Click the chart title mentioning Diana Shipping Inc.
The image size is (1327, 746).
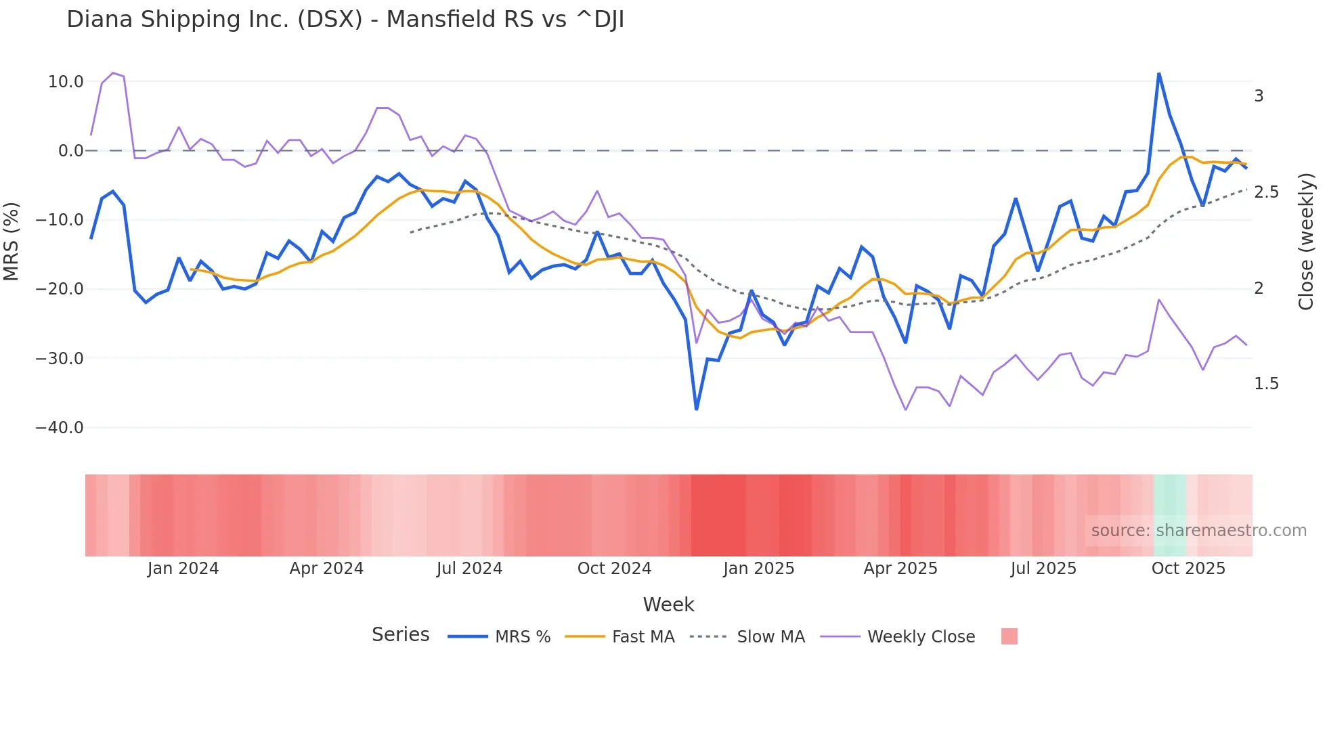point(345,20)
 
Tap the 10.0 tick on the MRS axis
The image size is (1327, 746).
point(66,82)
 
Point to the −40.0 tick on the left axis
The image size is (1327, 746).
point(60,428)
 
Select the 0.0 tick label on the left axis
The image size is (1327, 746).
point(70,151)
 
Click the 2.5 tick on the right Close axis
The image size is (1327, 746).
point(1266,192)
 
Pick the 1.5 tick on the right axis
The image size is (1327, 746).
point(1266,384)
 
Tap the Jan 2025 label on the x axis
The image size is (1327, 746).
point(758,569)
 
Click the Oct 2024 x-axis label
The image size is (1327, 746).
point(614,569)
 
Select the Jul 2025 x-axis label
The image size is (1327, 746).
point(1043,569)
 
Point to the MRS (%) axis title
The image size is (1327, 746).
point(12,241)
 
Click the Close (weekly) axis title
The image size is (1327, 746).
point(1306,241)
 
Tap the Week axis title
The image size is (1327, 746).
point(668,605)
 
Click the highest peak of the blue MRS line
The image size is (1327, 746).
point(1159,73)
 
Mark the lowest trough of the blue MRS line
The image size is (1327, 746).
point(696,410)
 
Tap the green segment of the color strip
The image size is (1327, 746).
point(1169,515)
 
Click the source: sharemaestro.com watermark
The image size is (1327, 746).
point(1198,531)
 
